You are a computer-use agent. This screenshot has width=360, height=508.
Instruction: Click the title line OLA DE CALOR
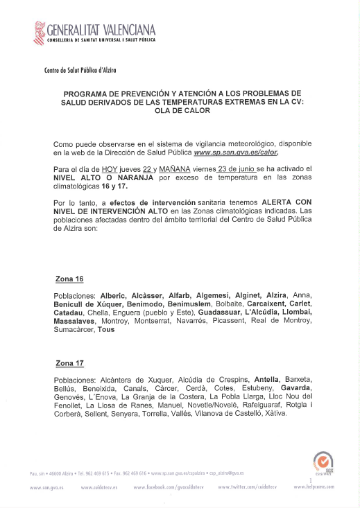click(x=179, y=116)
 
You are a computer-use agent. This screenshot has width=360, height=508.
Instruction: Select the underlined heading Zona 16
click(x=69, y=279)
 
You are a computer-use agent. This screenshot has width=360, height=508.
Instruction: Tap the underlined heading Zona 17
click(x=69, y=363)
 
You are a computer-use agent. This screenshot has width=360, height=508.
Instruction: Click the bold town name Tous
click(x=105, y=330)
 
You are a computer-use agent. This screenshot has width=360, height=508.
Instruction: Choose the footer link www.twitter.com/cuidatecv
click(x=247, y=487)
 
